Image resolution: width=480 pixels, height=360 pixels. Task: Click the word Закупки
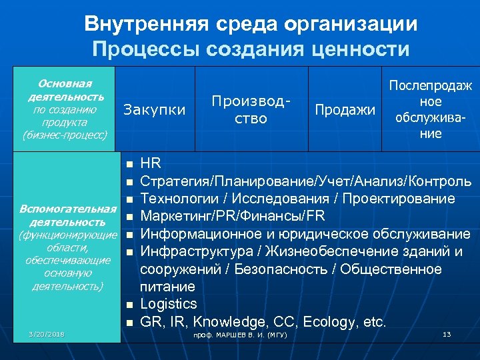click(155, 109)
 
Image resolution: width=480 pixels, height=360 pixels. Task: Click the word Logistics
click(169, 304)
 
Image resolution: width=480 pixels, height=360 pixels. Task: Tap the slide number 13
click(447, 333)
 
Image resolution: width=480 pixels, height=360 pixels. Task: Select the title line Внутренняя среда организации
click(251, 25)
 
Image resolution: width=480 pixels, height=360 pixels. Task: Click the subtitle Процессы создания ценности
click(251, 49)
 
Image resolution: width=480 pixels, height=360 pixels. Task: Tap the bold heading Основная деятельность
click(65, 90)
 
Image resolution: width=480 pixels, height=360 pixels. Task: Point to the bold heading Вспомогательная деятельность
click(64, 215)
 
